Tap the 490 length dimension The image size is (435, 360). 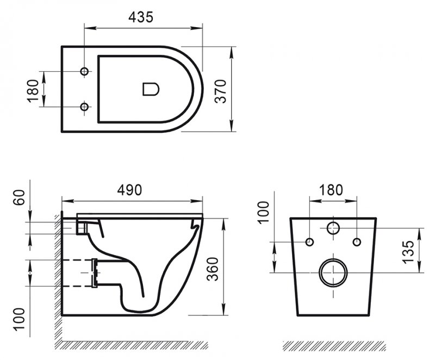click(130, 189)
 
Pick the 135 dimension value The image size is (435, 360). click(409, 250)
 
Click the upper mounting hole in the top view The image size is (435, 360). click(84, 72)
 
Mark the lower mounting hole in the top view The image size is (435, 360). click(84, 107)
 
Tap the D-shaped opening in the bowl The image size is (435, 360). click(150, 89)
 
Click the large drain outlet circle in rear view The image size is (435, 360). click(333, 272)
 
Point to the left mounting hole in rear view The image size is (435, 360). click(309, 241)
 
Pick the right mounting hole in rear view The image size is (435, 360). click(357, 241)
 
